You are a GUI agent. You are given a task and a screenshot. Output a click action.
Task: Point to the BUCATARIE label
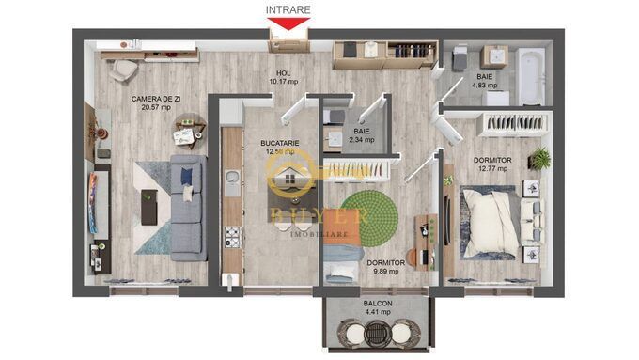(x=280, y=143)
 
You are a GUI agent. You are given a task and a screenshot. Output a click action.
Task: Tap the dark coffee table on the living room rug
(x=148, y=205)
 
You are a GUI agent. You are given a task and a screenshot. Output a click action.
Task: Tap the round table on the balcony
(x=378, y=333)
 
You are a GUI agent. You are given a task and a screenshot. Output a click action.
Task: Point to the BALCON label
(x=378, y=305)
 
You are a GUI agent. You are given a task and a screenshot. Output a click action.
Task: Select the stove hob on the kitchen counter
(x=229, y=236)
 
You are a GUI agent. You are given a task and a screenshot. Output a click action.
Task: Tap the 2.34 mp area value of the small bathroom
(x=362, y=140)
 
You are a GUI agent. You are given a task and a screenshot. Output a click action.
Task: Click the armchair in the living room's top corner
(x=119, y=70)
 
